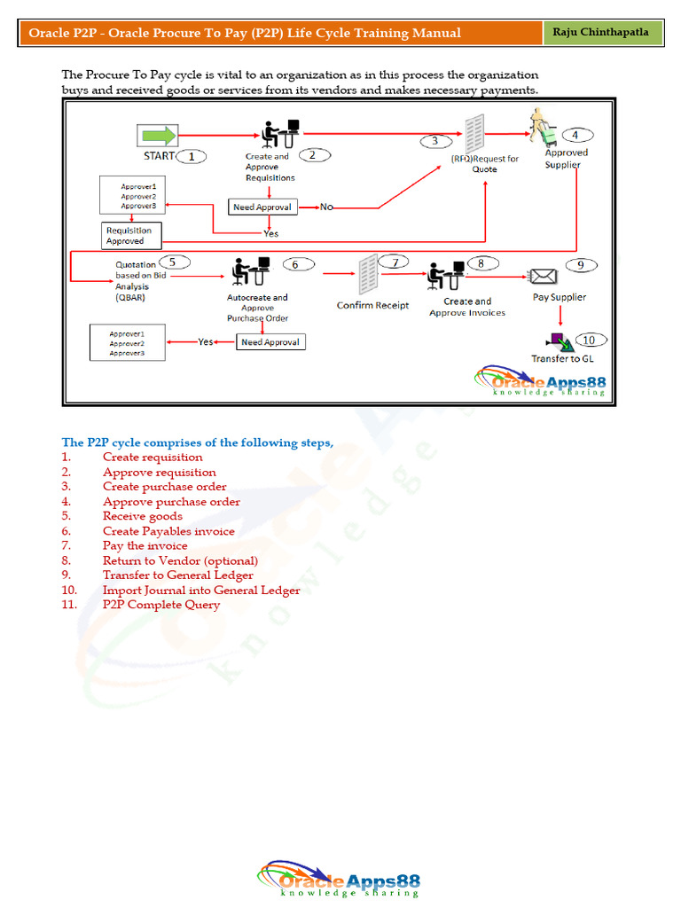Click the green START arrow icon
point(158,136)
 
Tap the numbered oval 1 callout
point(192,156)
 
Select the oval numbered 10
point(590,340)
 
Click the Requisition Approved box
point(131,236)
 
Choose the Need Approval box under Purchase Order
point(270,341)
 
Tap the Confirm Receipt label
point(372,306)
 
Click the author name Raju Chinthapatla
point(601,33)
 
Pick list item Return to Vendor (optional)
point(180,560)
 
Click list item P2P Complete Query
point(161,605)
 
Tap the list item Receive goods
point(143,516)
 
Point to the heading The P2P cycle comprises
point(197,442)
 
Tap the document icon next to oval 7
point(368,275)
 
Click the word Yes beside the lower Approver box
point(206,341)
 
